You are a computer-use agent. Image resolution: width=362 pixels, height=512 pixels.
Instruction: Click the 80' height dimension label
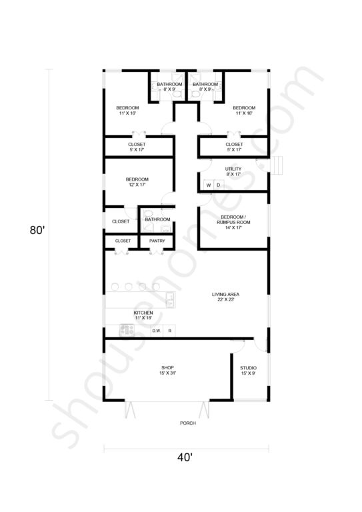tap(37, 230)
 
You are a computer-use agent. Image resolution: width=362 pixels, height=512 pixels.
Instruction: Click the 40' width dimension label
tap(185, 458)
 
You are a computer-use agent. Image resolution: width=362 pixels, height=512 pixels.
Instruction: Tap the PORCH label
tap(188, 423)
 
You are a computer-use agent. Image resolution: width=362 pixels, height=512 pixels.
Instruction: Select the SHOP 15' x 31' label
tap(168, 370)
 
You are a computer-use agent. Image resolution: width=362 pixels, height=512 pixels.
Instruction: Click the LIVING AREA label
tap(225, 297)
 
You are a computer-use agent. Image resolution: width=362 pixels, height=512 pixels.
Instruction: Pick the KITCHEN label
tap(143, 315)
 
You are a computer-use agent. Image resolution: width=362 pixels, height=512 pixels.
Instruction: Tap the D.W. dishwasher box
tap(157, 331)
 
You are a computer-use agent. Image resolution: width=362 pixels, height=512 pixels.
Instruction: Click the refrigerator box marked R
tap(169, 331)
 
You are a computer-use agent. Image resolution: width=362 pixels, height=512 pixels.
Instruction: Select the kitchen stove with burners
tap(127, 330)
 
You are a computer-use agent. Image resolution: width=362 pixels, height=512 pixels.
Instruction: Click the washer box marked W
tap(209, 185)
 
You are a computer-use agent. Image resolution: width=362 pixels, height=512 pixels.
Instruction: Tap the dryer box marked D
tap(219, 185)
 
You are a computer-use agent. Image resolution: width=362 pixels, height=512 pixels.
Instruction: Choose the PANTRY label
tap(157, 241)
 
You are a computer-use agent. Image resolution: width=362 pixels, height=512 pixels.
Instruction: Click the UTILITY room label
tap(233, 171)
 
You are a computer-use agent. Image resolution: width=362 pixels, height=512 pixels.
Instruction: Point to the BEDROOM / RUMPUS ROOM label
tap(233, 222)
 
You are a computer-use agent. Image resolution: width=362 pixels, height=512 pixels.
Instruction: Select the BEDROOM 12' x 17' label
tap(137, 182)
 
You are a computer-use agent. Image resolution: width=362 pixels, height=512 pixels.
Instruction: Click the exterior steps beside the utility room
tap(277, 165)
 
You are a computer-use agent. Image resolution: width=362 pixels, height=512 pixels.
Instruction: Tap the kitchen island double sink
tap(170, 300)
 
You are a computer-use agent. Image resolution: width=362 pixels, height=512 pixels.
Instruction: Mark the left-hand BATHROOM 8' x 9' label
tap(169, 87)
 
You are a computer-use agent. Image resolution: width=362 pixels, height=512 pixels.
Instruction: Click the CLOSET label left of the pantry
tap(123, 241)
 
